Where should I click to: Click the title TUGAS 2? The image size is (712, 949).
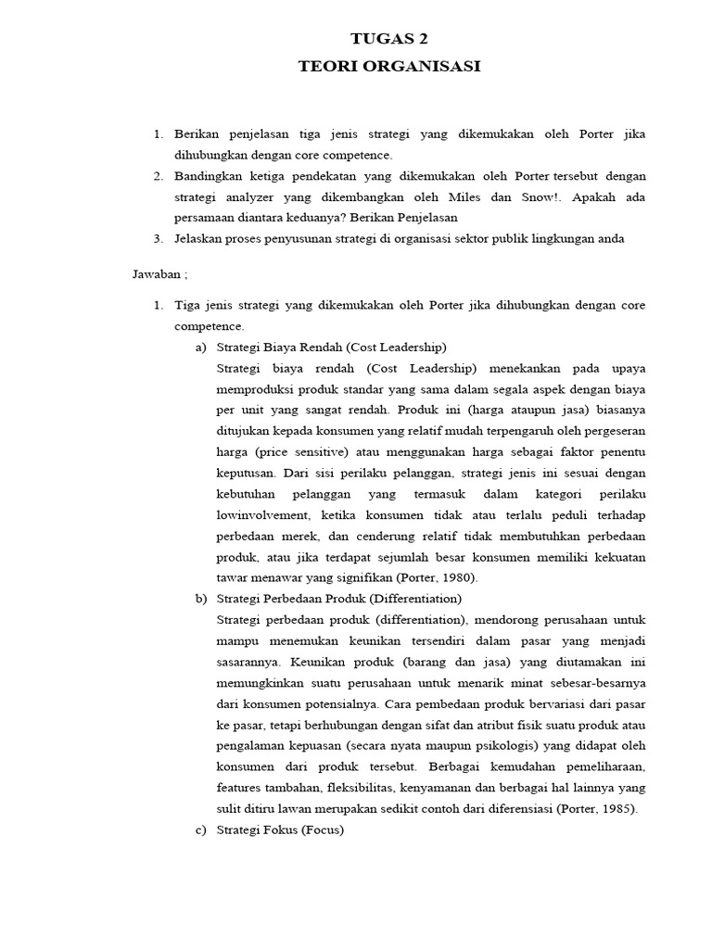click(389, 38)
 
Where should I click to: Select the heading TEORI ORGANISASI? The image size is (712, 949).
click(389, 66)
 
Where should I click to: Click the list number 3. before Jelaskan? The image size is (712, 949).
click(159, 238)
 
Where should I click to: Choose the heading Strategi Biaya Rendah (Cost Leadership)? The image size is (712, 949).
click(331, 347)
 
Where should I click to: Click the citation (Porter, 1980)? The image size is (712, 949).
click(436, 576)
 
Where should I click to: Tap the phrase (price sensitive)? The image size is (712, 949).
click(299, 451)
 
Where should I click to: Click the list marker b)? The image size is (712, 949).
click(200, 598)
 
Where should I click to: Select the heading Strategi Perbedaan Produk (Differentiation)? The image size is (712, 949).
click(338, 598)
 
